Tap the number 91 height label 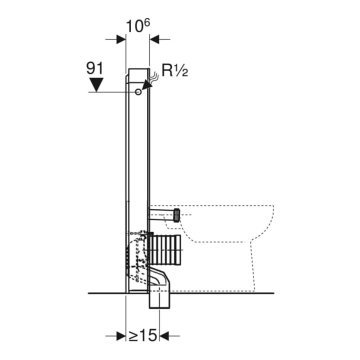click(94, 68)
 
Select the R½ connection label click(174, 70)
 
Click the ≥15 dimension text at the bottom click(142, 335)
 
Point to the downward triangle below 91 click(96, 84)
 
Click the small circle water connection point click(138, 92)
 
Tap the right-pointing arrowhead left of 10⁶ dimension click(121, 39)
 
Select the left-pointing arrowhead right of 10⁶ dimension click(154, 39)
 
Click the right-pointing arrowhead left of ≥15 click(121, 336)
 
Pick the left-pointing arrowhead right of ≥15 click(164, 336)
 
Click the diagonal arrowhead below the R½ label click(147, 84)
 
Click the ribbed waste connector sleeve click(165, 250)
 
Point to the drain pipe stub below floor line click(160, 300)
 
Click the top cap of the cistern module click(138, 75)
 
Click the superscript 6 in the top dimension click(147, 22)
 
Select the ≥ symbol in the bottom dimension click(133, 336)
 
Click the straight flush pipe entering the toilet click(161, 215)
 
